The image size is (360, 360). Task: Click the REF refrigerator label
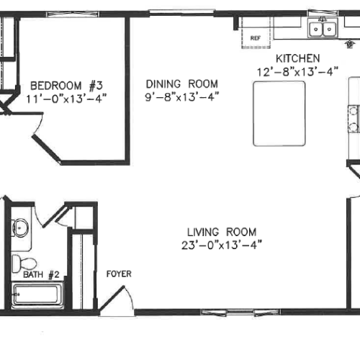click(256, 38)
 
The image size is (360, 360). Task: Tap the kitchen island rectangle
click(279, 114)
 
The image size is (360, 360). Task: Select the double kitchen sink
click(323, 28)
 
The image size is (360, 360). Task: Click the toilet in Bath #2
click(24, 264)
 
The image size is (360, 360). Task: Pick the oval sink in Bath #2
click(20, 228)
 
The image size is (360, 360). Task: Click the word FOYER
click(119, 274)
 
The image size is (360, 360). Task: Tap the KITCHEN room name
click(298, 58)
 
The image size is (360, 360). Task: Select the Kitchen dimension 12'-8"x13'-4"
click(297, 72)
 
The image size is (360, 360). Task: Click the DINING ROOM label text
click(182, 84)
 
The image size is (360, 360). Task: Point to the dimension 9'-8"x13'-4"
click(182, 97)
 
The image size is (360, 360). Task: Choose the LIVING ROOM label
click(222, 232)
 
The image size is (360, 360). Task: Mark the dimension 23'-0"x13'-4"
click(222, 246)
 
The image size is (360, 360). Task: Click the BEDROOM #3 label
click(66, 86)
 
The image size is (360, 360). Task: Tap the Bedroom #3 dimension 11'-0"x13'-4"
click(66, 99)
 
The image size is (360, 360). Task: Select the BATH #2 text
click(41, 274)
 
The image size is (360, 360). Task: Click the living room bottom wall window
click(240, 312)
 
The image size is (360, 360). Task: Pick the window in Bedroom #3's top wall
click(73, 14)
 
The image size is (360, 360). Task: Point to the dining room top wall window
click(181, 12)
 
